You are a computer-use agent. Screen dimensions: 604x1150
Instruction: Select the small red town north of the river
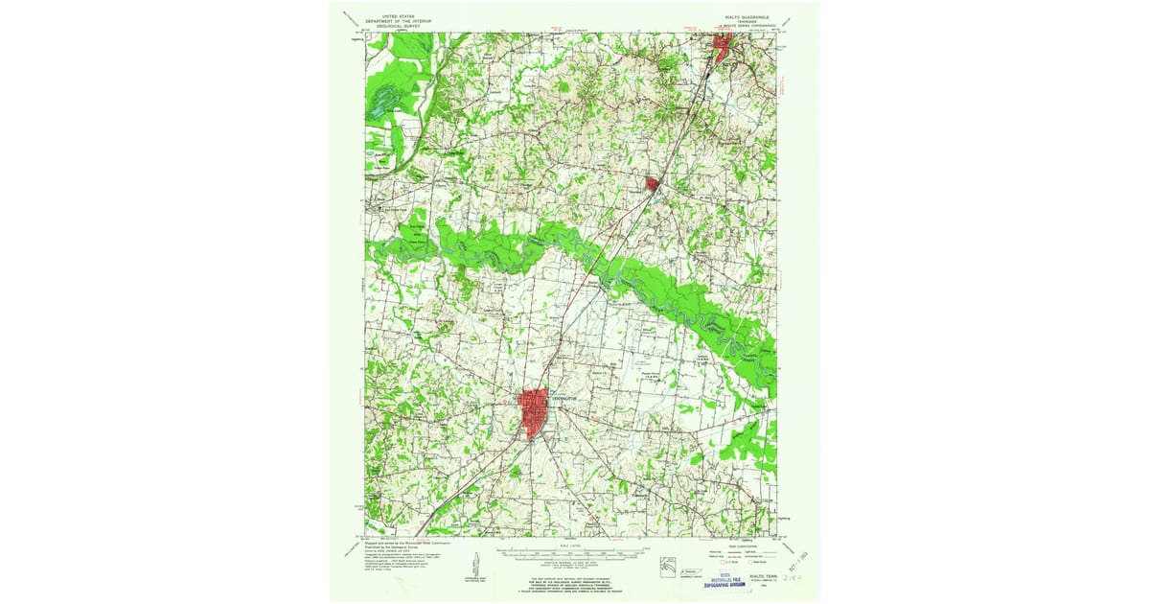[x=653, y=182]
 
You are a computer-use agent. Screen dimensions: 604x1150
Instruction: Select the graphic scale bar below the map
[x=574, y=552]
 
